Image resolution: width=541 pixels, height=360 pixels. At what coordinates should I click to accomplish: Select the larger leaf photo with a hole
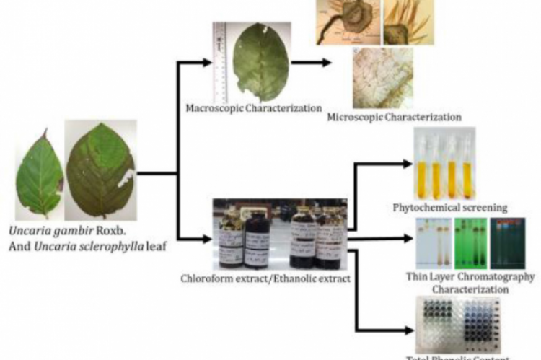[x=100, y=170]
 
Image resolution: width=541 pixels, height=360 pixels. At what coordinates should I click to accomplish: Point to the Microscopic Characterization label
[x=394, y=116]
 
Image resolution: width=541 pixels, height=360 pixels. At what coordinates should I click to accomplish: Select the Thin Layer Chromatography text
[x=469, y=276]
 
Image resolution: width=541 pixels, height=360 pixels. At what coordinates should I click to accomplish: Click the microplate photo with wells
[x=459, y=324]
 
